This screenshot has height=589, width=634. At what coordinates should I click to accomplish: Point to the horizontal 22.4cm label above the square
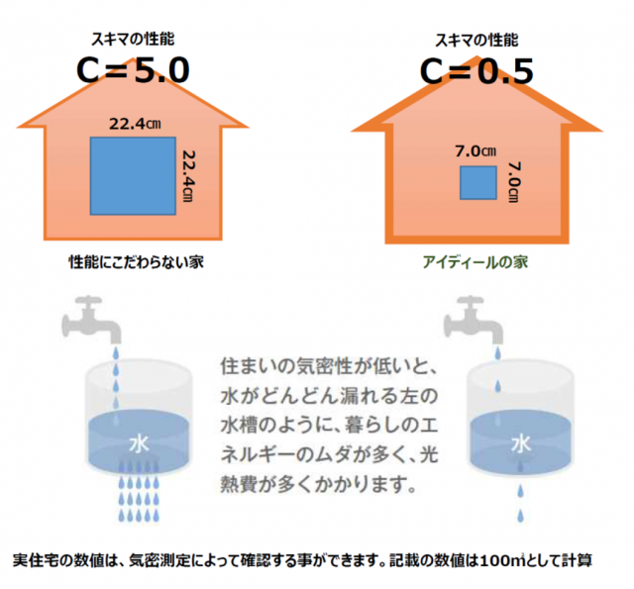135,125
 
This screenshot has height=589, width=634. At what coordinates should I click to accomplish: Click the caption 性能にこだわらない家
135,262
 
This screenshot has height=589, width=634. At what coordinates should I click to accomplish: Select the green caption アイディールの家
475,262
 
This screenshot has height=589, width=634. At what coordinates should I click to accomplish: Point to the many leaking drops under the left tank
138,500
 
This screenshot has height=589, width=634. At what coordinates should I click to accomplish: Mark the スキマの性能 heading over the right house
476,40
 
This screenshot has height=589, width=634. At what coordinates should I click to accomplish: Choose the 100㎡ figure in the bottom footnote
499,559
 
